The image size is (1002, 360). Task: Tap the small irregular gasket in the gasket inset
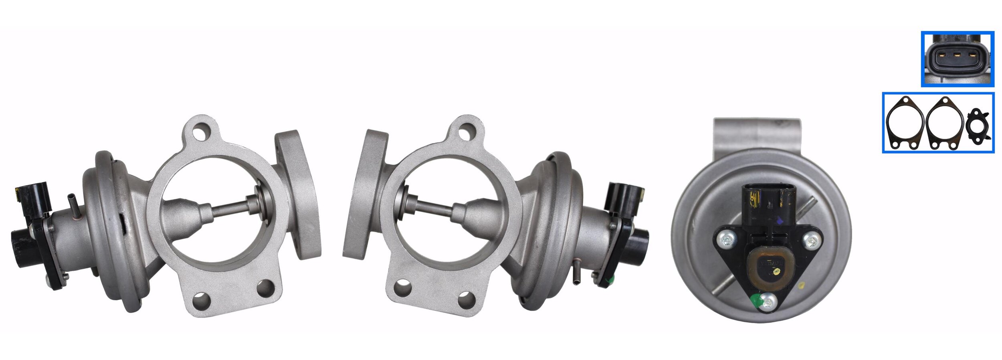[x=978, y=126]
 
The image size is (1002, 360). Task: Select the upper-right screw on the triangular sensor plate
[x=811, y=241]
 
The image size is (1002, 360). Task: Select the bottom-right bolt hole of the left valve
[x=265, y=288]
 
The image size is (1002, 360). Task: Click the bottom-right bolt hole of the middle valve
[x=467, y=300]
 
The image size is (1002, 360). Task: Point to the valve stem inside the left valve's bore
[x=230, y=208]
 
